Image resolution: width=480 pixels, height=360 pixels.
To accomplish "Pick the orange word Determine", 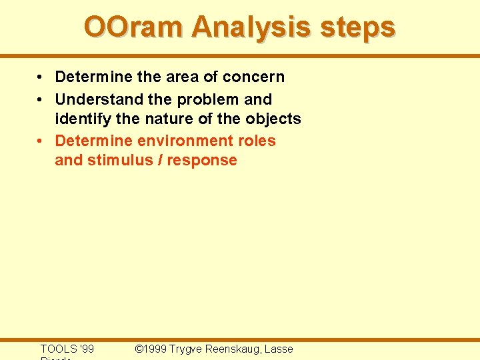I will point(93,141).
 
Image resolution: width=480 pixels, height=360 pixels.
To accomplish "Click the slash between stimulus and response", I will point(160,160).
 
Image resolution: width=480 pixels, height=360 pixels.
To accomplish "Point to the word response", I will point(202,160).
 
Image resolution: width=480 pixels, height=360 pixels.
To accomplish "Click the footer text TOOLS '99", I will point(67,349).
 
